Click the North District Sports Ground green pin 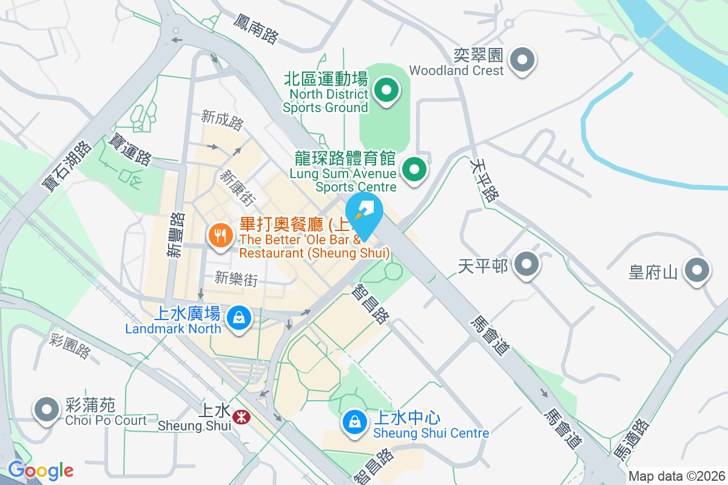tap(386, 92)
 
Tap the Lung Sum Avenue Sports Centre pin tap(415, 169)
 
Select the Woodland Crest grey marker tap(522, 60)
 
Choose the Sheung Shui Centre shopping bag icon tap(354, 422)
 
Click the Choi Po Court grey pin tap(47, 409)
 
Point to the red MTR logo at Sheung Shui tap(241, 416)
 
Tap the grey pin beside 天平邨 tap(526, 264)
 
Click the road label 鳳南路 tap(255, 29)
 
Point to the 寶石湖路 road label tap(67, 167)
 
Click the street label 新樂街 tap(236, 279)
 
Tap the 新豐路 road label tap(176, 235)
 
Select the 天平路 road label tap(484, 179)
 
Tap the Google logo tap(41, 470)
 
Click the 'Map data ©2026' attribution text tap(676, 477)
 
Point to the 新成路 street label tap(222, 120)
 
